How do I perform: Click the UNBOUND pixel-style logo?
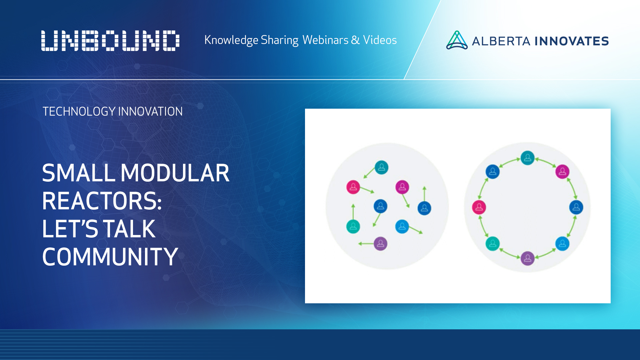pyautogui.click(x=110, y=41)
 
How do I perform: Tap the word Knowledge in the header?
pyautogui.click(x=231, y=40)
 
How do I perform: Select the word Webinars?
pyautogui.click(x=325, y=40)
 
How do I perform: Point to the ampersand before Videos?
pyautogui.click(x=355, y=40)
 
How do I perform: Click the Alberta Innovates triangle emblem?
pyautogui.click(x=457, y=40)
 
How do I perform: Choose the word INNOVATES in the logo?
pyautogui.click(x=572, y=41)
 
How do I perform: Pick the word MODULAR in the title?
pyautogui.click(x=175, y=173)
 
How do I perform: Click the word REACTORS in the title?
pyautogui.click(x=102, y=201)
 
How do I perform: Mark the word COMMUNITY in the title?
pyautogui.click(x=110, y=257)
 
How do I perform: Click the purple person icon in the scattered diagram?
pyautogui.click(x=380, y=244)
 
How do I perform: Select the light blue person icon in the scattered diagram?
pyautogui.click(x=402, y=227)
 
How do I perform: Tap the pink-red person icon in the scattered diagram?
pyautogui.click(x=353, y=187)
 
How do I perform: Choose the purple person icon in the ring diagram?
pyautogui.click(x=528, y=258)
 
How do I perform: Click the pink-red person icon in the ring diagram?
pyautogui.click(x=479, y=207)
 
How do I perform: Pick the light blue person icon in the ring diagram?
pyautogui.click(x=562, y=244)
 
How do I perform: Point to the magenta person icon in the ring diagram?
pyautogui.click(x=562, y=172)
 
